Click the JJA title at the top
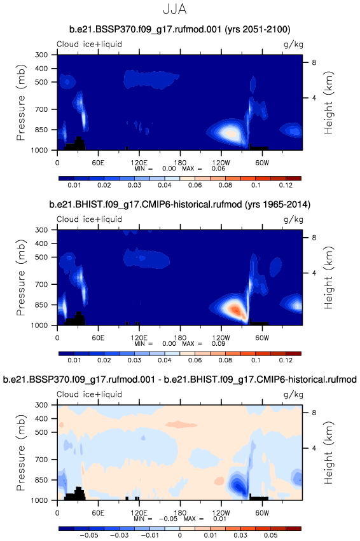point(175,9)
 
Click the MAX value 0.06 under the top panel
point(218,168)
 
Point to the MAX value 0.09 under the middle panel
point(218,343)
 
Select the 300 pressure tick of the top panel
point(41,55)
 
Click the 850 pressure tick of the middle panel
point(41,305)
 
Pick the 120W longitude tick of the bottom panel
point(221,512)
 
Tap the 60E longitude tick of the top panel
point(98,163)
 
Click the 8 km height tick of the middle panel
point(314,237)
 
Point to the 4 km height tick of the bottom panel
point(314,448)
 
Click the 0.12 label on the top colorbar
point(286,185)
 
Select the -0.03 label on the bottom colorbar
point(119,535)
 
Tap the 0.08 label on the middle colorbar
point(225,360)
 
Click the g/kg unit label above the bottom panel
point(293,394)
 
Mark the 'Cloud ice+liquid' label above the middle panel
point(90,219)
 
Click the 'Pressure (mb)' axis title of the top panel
point(21,102)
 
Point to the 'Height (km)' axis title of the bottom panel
point(329,453)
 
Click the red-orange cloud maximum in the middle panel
point(235,310)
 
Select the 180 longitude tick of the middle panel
point(180,338)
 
